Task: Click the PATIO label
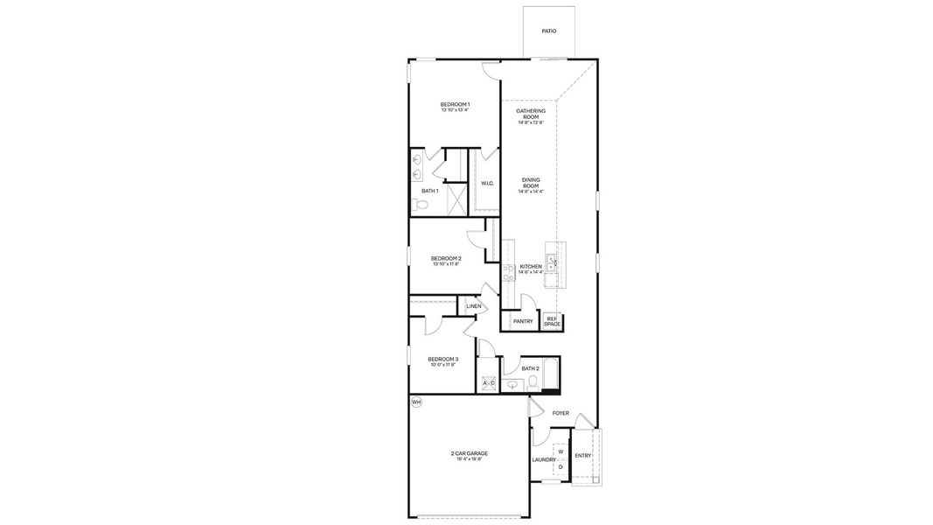click(x=548, y=31)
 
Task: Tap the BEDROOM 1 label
click(x=455, y=105)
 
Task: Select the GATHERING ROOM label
click(x=531, y=112)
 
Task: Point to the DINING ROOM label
click(x=531, y=181)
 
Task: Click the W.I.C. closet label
click(x=487, y=183)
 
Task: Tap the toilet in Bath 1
click(x=421, y=206)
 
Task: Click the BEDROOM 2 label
click(x=446, y=259)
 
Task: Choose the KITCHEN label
click(x=531, y=267)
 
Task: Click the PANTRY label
click(x=523, y=321)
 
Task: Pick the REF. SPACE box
click(x=552, y=322)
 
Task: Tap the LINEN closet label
click(x=473, y=306)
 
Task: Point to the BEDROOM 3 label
click(x=442, y=360)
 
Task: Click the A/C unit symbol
click(x=489, y=383)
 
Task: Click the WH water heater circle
click(x=416, y=402)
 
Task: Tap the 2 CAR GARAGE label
click(x=470, y=453)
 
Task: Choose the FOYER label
click(x=560, y=413)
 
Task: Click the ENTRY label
click(x=582, y=455)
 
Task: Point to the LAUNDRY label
click(x=543, y=459)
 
